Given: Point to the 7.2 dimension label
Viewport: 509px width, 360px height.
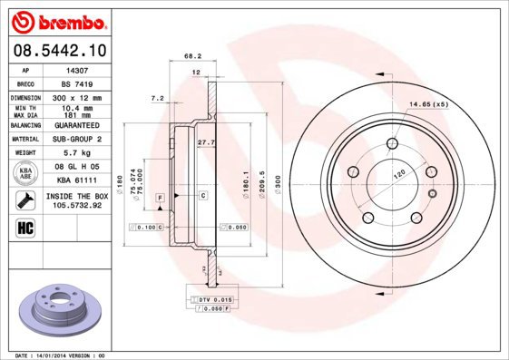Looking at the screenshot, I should [157, 97].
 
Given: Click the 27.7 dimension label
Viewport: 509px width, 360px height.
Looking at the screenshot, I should [206, 141].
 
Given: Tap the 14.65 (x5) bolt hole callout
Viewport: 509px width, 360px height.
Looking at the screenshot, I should [428, 104].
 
